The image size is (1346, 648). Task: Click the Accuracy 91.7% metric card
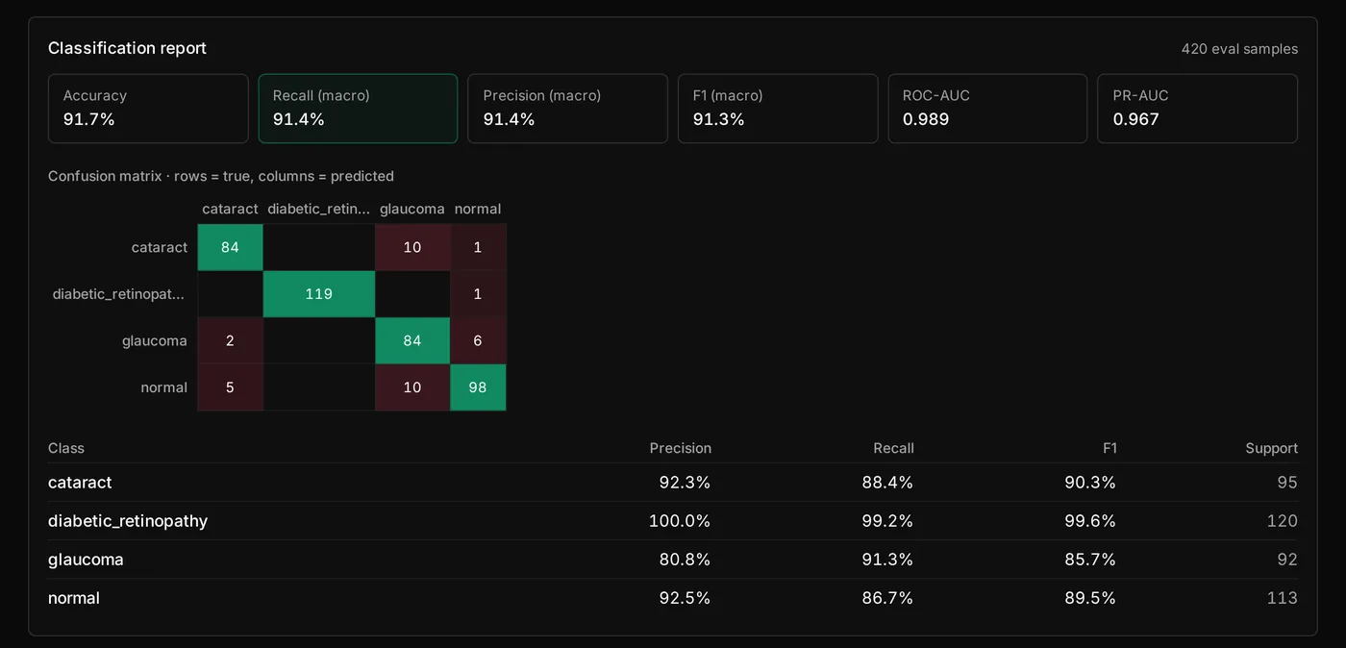click(148, 109)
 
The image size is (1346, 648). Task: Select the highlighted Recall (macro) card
click(358, 109)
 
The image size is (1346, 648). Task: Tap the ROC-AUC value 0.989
click(925, 119)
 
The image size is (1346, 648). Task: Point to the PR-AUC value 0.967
click(1135, 119)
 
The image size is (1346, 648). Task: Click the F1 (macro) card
click(778, 109)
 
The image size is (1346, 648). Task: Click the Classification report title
click(127, 48)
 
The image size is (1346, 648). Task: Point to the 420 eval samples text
click(1239, 49)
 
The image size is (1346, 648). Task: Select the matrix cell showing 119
click(318, 294)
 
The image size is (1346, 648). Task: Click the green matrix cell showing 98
click(478, 387)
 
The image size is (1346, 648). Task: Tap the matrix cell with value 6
click(478, 341)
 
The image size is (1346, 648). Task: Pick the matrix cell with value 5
click(230, 387)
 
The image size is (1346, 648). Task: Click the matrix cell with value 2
click(230, 341)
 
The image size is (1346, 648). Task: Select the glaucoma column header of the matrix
click(412, 209)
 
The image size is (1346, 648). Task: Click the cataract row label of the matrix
click(160, 247)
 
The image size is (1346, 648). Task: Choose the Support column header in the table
click(1271, 448)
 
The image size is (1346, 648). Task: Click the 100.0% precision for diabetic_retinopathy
click(680, 520)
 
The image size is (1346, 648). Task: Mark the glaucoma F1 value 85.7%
click(1090, 559)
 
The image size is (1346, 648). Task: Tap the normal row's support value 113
click(1283, 597)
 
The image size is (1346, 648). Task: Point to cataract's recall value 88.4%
click(887, 482)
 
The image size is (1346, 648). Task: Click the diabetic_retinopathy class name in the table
click(128, 520)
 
